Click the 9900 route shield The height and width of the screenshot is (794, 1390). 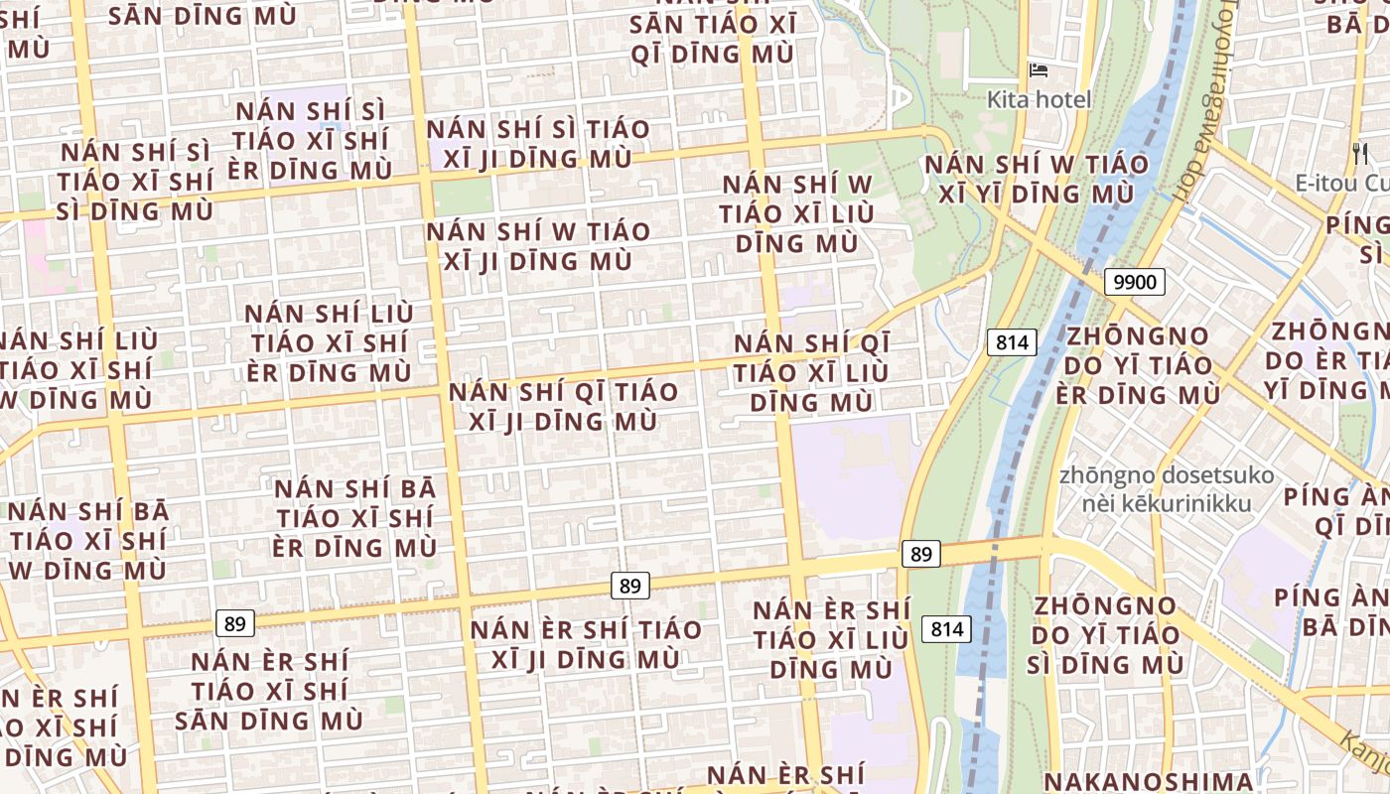(1134, 282)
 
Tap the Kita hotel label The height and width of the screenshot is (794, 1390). (1039, 99)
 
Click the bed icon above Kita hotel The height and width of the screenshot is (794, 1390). (1039, 70)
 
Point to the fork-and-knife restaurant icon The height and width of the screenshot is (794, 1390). (1360, 153)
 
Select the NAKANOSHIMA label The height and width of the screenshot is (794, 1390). (1148, 781)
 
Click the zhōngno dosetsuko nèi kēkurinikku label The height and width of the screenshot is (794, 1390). (1166, 489)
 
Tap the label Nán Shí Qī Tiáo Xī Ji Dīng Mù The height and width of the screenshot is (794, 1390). (563, 406)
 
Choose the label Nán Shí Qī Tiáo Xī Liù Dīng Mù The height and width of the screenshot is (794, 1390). (812, 372)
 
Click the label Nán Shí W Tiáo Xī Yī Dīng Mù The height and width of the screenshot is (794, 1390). (1037, 179)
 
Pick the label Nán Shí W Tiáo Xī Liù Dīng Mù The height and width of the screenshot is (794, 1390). (797, 213)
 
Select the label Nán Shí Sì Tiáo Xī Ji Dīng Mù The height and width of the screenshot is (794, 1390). (538, 144)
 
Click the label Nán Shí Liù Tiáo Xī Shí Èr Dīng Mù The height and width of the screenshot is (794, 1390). (329, 343)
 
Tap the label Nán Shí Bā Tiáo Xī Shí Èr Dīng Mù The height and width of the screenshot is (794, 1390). (354, 518)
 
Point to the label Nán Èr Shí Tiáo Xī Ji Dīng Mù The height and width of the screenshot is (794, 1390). (586, 644)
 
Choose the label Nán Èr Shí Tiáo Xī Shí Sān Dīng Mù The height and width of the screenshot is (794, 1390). (269, 691)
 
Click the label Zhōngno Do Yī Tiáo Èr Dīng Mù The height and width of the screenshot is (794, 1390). (1143, 364)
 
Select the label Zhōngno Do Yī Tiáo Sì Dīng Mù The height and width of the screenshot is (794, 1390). (1106, 634)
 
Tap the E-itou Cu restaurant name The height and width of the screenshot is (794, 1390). (1341, 183)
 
